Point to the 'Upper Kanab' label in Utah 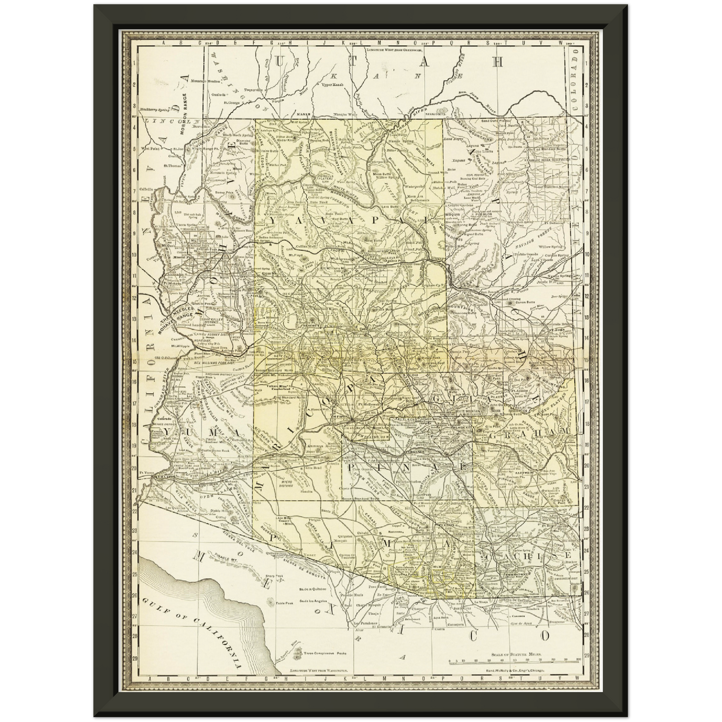(332, 85)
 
